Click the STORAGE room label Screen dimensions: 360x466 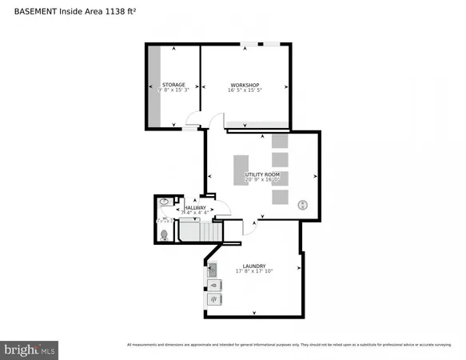point(173,84)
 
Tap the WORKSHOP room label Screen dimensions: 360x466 point(245,84)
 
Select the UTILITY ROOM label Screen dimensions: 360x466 point(262,174)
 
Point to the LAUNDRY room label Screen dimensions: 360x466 point(254,265)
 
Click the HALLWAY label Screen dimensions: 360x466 point(195,208)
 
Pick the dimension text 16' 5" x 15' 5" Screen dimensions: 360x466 point(245,90)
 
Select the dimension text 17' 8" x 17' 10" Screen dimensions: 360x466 point(254,271)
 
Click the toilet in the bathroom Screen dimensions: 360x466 point(165,234)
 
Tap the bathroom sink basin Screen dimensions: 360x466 point(161,203)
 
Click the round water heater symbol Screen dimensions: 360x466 point(303,205)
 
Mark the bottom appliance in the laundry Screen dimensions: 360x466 point(215,300)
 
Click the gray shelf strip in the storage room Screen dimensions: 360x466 point(153,86)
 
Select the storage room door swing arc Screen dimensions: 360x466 point(194,120)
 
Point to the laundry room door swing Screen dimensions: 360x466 point(249,227)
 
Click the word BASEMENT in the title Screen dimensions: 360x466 point(30,11)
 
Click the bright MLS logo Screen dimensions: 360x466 point(30,350)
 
